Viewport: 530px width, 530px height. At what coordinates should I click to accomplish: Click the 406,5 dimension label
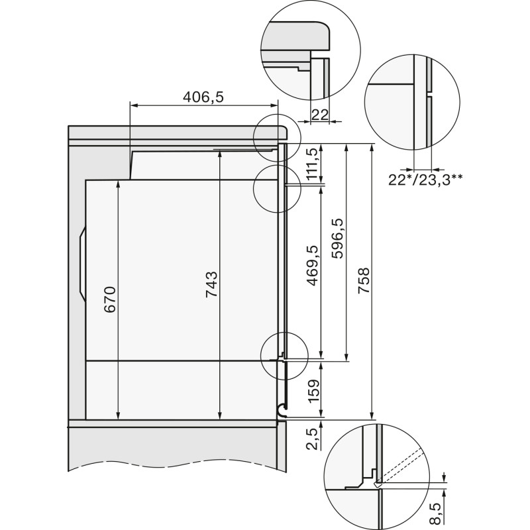pos(203,97)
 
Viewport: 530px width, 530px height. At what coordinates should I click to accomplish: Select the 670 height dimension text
pos(110,299)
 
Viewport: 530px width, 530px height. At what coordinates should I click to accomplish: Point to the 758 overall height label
pos(363,281)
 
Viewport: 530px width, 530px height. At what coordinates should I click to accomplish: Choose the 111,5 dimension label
pos(314,163)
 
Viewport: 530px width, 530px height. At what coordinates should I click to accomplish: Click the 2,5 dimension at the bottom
pos(314,439)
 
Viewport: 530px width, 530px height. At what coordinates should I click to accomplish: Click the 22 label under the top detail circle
pos(319,113)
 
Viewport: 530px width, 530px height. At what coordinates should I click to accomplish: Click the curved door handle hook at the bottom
pos(282,411)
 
